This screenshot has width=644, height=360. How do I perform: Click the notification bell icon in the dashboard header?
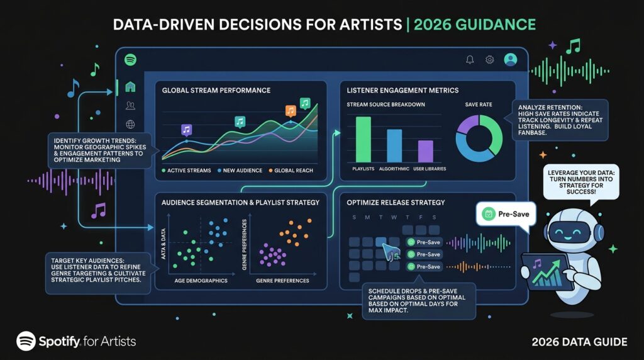(470, 60)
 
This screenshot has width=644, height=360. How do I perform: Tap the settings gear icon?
(489, 60)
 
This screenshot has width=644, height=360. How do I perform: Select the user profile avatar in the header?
(511, 60)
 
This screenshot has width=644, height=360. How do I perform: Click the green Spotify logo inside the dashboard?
(130, 60)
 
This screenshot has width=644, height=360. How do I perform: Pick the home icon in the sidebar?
(130, 87)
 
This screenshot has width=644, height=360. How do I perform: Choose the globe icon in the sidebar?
(130, 124)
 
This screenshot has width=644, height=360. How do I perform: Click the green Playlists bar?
(363, 139)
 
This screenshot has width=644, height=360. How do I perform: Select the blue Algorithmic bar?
(394, 145)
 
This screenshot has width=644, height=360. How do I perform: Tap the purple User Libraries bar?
(426, 151)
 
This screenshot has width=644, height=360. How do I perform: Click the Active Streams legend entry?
(186, 170)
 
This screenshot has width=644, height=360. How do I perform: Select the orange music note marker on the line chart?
(291, 111)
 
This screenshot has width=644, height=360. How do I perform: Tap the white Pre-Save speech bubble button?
(506, 214)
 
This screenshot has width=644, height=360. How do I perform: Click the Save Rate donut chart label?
(479, 104)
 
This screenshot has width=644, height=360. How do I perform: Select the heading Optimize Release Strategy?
(396, 203)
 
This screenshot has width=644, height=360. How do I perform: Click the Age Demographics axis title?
(201, 281)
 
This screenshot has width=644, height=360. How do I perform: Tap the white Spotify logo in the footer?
(26, 341)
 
